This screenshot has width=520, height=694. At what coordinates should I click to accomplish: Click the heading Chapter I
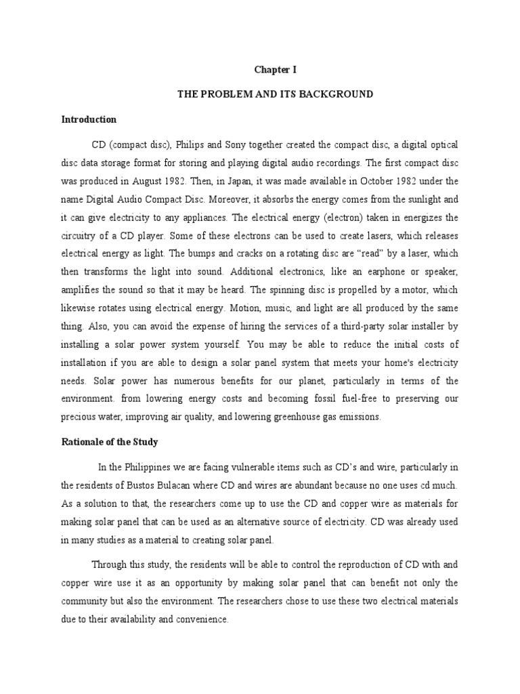pos(276,70)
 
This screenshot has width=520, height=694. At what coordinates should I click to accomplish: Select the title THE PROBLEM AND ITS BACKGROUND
pos(276,94)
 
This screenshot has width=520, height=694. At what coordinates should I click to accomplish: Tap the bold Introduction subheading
pos(89,120)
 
